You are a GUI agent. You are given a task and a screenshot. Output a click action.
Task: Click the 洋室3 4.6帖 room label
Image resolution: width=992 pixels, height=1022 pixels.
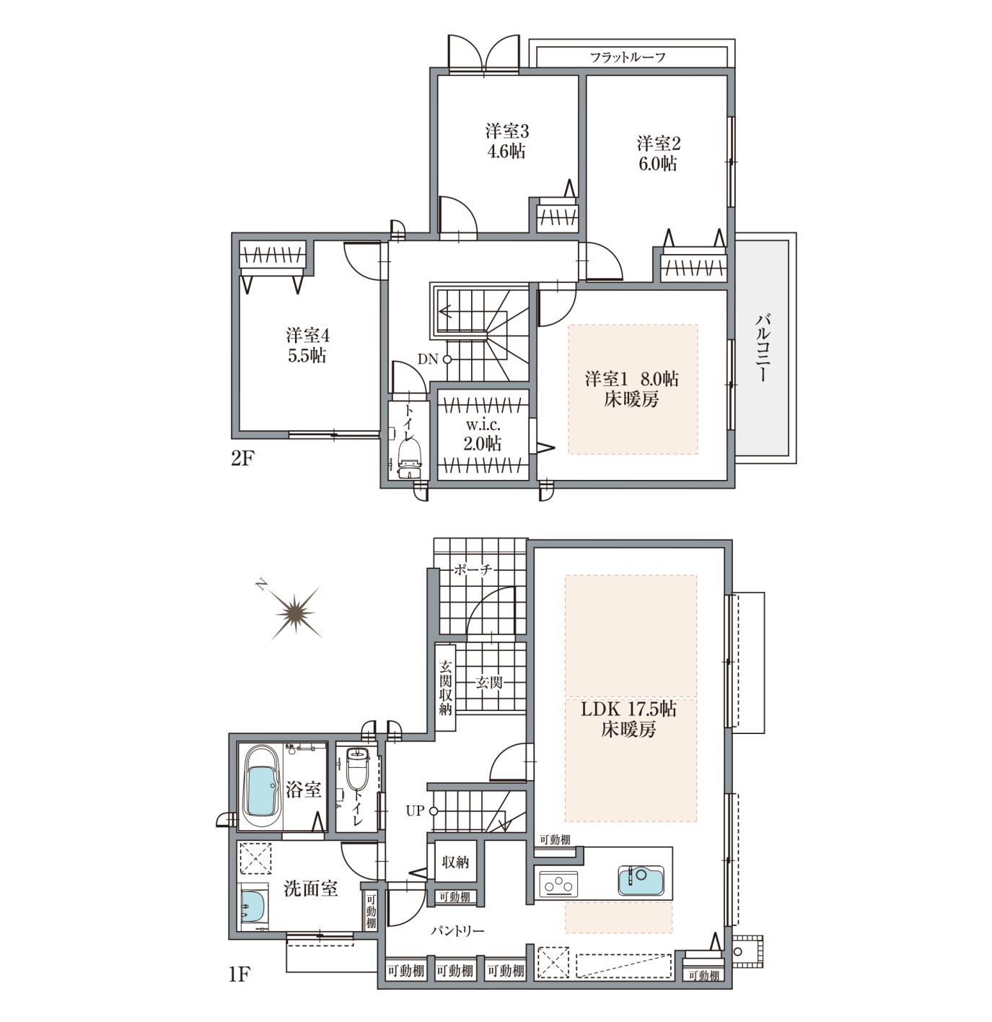[x=506, y=141]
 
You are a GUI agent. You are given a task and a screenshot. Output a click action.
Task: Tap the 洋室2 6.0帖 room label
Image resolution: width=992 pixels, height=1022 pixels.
[x=658, y=153]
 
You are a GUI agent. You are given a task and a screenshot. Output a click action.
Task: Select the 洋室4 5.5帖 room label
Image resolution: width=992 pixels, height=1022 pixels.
[x=307, y=346]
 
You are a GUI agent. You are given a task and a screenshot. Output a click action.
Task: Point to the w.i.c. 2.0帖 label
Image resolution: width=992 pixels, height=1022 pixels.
[x=483, y=434]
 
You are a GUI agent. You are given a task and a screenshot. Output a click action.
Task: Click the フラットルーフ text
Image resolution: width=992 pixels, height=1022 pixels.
[x=628, y=57]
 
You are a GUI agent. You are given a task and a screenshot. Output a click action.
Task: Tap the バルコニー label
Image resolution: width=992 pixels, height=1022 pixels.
[x=763, y=347]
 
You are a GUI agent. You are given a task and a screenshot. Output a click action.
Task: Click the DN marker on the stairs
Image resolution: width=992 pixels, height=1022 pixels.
[x=434, y=359]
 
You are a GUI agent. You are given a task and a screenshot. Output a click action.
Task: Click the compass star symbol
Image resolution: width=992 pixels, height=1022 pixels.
[x=295, y=612]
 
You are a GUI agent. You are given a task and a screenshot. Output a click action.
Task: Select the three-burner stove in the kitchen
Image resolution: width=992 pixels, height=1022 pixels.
[x=558, y=884]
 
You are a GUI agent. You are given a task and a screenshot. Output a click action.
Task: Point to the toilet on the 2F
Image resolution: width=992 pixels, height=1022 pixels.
[x=410, y=458]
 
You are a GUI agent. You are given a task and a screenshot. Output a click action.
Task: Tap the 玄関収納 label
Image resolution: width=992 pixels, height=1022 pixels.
[x=445, y=687]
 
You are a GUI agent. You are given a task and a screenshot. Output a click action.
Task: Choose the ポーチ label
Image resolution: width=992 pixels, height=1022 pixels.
[x=473, y=569]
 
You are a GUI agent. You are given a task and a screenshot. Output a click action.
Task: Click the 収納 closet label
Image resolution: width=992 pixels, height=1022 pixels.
[x=455, y=862]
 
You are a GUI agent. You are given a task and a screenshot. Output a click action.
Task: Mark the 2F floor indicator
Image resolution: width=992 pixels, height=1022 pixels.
[x=242, y=459]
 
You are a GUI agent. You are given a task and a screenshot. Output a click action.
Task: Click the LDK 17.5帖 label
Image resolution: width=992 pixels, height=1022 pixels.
[x=628, y=718]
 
